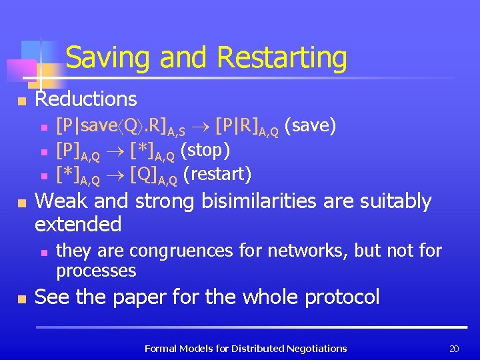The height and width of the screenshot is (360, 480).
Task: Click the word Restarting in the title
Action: [x=282, y=58]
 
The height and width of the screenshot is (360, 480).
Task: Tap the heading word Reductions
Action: [x=86, y=99]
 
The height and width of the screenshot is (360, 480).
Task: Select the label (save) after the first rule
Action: [x=310, y=125]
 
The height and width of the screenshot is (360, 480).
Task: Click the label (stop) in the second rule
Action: [x=205, y=151]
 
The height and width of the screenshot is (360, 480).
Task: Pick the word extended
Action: [x=78, y=224]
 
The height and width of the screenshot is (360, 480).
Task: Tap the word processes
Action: [x=96, y=270]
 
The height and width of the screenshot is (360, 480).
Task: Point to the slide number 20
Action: [x=455, y=348]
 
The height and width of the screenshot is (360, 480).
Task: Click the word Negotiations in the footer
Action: [x=316, y=348]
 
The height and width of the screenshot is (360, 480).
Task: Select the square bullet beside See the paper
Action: [x=21, y=299]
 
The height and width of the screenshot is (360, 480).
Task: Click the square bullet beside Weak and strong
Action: [x=21, y=203]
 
